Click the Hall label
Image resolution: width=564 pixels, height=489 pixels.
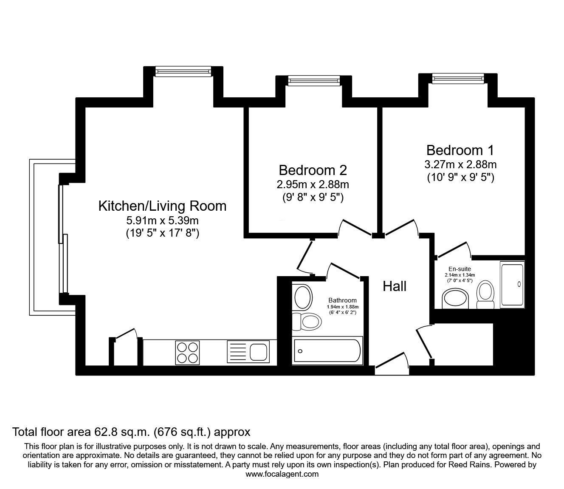point(395,286)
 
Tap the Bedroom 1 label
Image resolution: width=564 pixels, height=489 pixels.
point(460,150)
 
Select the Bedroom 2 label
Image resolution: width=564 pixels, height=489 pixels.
point(313,170)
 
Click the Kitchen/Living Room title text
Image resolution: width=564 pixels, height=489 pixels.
point(162,206)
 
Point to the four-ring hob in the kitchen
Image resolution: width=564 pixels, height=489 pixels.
point(187,352)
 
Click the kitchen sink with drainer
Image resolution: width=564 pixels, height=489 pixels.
point(248,351)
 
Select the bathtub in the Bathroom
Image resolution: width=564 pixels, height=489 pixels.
point(327,350)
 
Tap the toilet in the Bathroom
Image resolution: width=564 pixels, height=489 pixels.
point(307,321)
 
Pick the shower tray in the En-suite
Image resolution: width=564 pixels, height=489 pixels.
point(512,285)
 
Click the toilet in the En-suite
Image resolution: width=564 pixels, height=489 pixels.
point(485,294)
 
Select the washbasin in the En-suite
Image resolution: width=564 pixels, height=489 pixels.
point(455,299)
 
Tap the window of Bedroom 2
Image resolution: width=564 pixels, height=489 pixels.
point(314,80)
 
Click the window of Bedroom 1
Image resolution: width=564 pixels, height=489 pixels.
point(458,78)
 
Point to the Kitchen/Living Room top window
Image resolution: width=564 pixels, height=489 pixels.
point(183,71)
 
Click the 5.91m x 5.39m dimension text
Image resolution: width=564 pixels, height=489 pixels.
point(162,220)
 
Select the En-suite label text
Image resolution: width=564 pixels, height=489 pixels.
point(460,269)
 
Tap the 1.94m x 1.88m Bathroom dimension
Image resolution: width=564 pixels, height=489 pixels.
point(343,307)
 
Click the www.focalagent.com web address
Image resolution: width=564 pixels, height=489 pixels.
point(282,474)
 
